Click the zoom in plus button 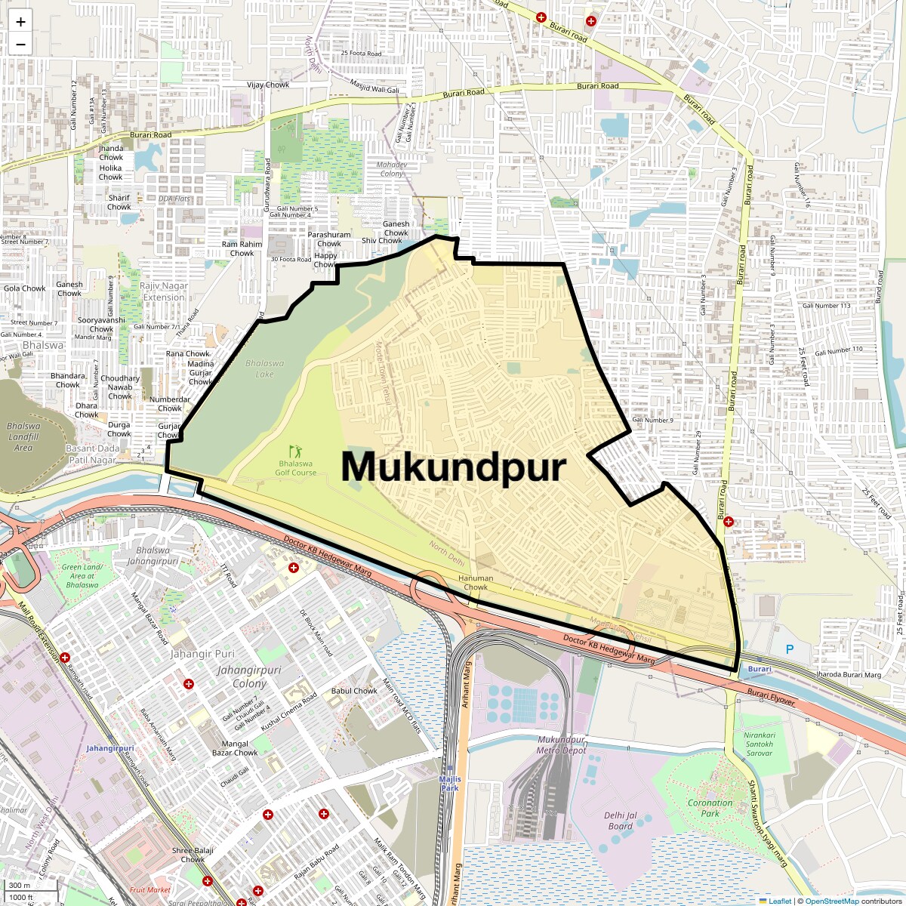(x=20, y=22)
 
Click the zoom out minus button (x=20, y=44)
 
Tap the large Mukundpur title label (x=453, y=466)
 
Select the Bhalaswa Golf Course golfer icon (x=294, y=451)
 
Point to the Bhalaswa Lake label (x=264, y=368)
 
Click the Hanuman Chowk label (x=476, y=582)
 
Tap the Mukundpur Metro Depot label (x=561, y=744)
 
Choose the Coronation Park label (x=710, y=808)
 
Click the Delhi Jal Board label (x=621, y=821)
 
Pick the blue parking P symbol (x=790, y=649)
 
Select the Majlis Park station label (x=450, y=783)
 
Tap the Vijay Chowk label (x=268, y=85)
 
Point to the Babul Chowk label (x=354, y=691)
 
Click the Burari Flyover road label (x=771, y=697)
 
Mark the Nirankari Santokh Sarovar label (x=759, y=744)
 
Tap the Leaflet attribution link (x=780, y=901)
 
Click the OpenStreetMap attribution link (x=832, y=901)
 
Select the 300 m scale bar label (x=20, y=885)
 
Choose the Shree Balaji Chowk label (x=193, y=855)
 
